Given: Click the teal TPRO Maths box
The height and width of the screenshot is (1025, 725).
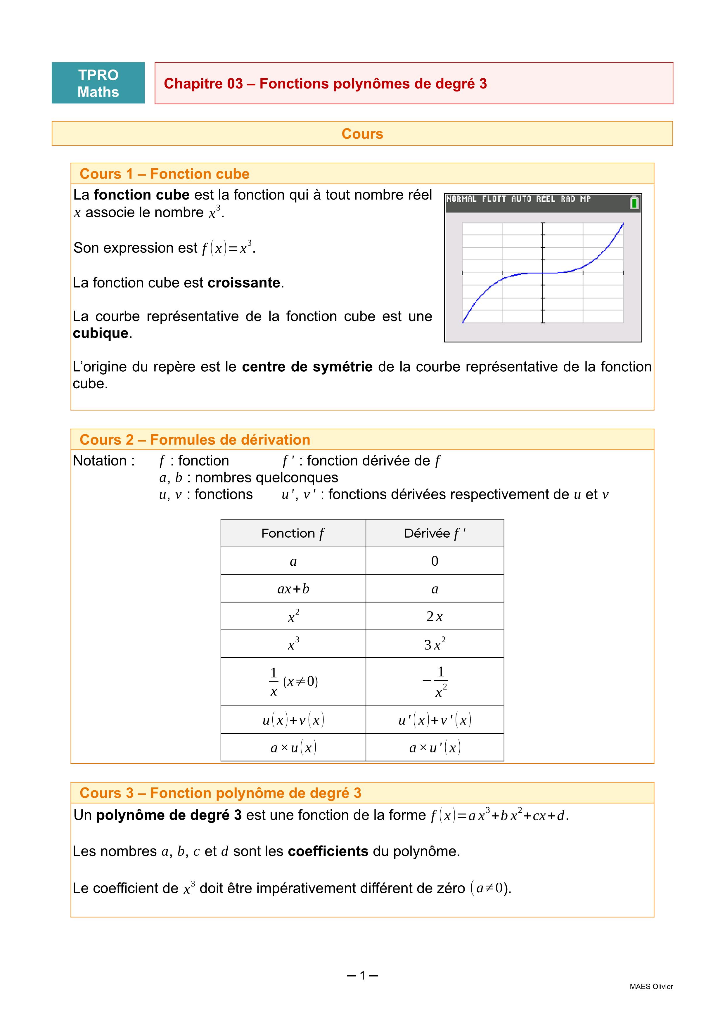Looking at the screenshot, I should [x=98, y=83].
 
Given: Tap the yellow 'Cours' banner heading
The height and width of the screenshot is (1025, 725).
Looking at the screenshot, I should [x=362, y=134].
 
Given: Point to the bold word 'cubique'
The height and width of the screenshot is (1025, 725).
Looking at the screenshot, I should [x=101, y=333].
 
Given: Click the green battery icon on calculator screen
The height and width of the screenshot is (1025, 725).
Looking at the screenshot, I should [x=634, y=203].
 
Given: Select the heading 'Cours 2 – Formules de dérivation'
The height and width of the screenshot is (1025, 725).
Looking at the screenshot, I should [x=195, y=440].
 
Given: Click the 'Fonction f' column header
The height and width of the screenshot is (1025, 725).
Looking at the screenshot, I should [x=293, y=534].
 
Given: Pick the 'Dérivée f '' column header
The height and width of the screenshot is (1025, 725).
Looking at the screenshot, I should [x=434, y=534].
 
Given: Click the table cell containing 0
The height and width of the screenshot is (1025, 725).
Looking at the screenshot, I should [x=434, y=561].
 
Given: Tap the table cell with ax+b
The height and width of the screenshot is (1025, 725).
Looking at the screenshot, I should [x=293, y=589].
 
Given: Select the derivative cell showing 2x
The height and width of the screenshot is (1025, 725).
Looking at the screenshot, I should [x=434, y=617].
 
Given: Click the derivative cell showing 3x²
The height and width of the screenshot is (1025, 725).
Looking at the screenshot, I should [x=434, y=644].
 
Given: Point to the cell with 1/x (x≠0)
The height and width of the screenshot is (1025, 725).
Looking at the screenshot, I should [x=293, y=682].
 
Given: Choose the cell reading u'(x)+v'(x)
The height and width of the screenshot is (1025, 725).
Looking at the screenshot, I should [x=434, y=720].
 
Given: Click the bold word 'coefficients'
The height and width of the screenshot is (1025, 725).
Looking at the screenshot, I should [x=328, y=851].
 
